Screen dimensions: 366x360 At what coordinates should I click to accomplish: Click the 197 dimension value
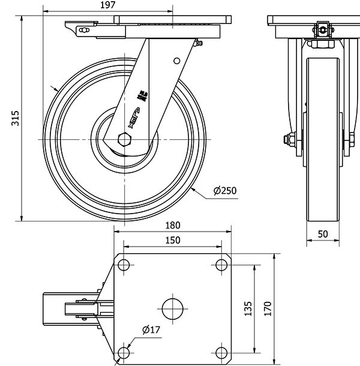point(109,5)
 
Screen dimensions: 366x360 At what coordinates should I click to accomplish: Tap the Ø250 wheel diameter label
point(226,191)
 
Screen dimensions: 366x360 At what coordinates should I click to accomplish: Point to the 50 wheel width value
point(323,233)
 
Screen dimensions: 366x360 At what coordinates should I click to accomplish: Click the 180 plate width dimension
point(172,226)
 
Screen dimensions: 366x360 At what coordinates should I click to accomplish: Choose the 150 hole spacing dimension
point(172,240)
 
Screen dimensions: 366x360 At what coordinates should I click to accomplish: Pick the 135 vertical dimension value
point(248,308)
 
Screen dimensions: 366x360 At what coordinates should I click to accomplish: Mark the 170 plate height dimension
point(268,308)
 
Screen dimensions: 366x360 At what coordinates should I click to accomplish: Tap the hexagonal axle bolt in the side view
point(125,139)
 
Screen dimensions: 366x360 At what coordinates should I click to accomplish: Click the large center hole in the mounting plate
point(173,308)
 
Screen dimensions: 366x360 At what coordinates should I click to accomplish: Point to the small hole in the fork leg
point(176,60)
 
